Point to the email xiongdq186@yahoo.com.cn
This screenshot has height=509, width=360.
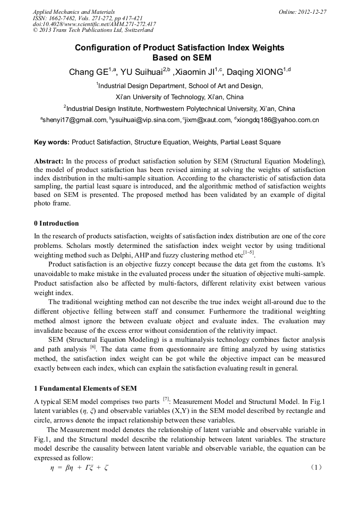278,120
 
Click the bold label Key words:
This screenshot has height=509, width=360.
52,142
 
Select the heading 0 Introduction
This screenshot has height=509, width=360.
56,223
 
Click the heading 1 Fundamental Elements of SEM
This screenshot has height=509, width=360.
80,389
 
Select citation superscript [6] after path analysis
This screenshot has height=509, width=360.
93,347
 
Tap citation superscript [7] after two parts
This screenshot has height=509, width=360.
166,398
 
